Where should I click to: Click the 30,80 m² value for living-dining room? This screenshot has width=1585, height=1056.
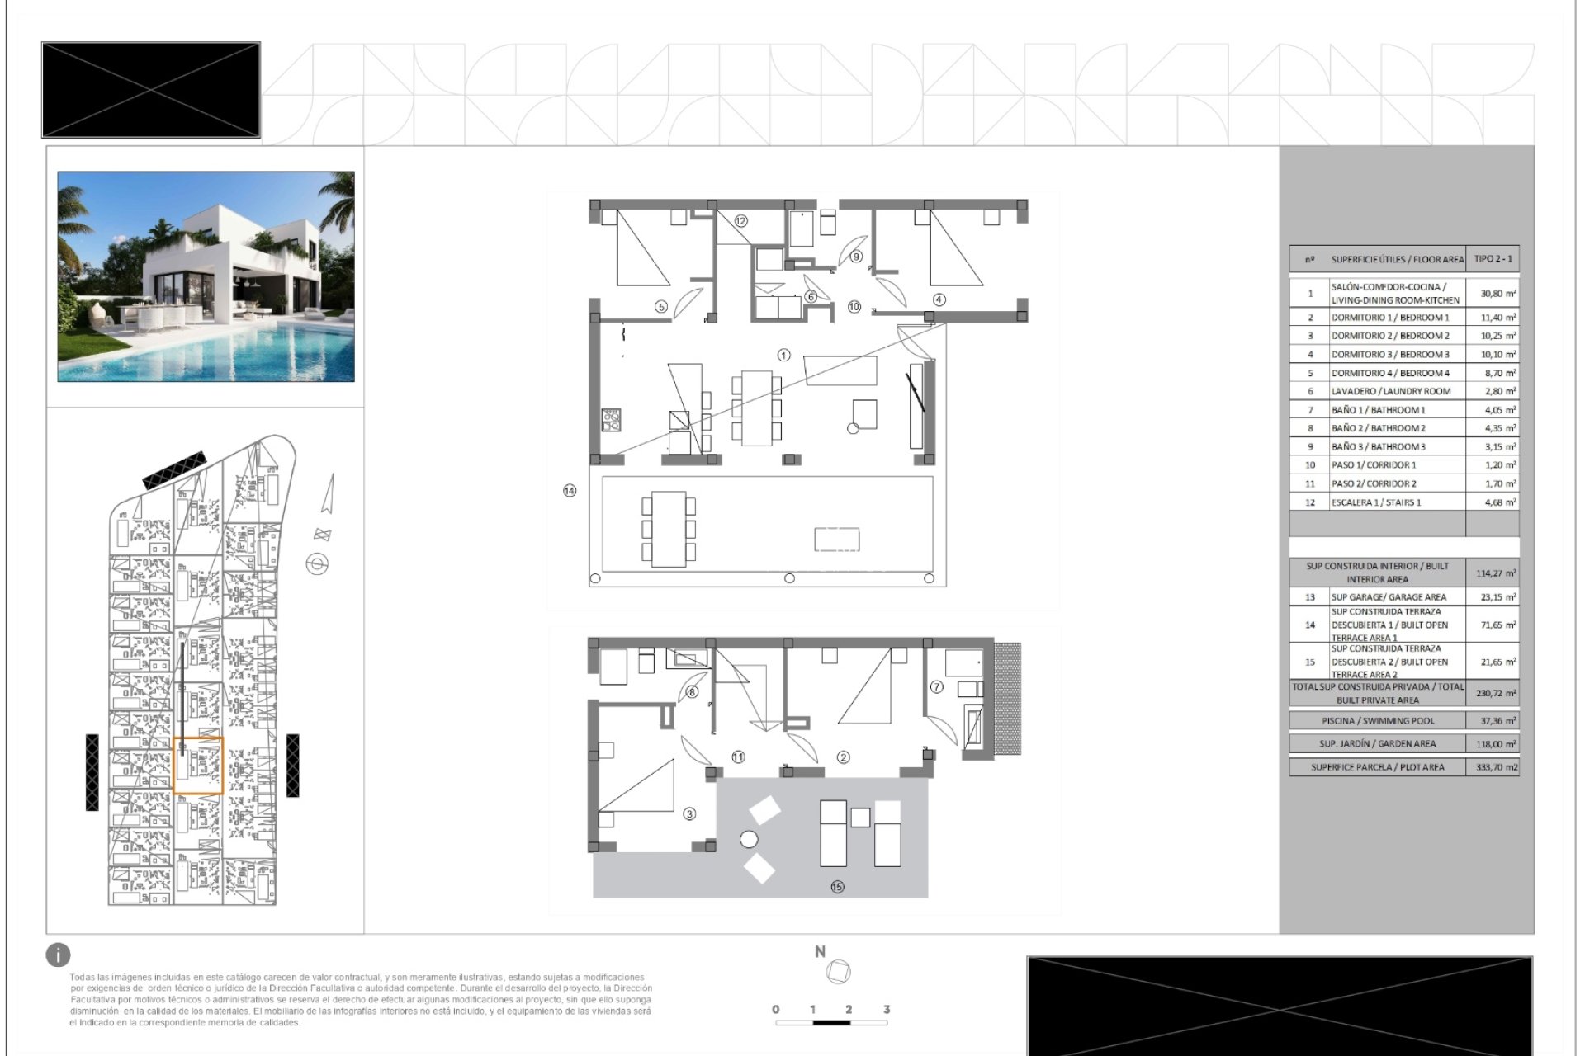(x=1497, y=294)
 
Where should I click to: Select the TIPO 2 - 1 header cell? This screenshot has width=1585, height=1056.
(x=1493, y=259)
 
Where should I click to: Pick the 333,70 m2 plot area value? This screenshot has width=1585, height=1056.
(x=1497, y=767)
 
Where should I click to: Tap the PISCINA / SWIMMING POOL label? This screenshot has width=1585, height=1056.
(x=1378, y=721)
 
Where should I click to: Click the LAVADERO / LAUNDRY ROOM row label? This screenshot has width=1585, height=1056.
(x=1390, y=391)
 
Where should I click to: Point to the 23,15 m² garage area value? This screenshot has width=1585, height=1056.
(x=1497, y=597)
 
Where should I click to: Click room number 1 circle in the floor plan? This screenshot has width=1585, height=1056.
(x=783, y=356)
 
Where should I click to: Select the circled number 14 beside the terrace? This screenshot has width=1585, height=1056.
(x=570, y=491)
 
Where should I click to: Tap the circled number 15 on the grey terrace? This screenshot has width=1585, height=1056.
(x=837, y=887)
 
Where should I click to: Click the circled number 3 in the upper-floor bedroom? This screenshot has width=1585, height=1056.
(x=689, y=814)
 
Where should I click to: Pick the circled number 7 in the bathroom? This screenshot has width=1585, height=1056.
(x=936, y=686)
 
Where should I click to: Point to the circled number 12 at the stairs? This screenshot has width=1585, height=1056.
(x=740, y=221)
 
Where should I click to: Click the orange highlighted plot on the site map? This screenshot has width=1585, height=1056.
(x=198, y=766)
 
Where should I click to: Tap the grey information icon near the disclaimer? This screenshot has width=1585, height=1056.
(x=58, y=955)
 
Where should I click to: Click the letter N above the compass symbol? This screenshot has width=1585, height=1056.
(x=820, y=951)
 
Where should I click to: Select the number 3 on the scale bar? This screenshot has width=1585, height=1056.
(x=887, y=1009)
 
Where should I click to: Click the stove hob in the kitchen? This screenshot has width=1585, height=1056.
(x=611, y=420)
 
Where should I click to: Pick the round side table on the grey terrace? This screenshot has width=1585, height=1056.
(x=749, y=840)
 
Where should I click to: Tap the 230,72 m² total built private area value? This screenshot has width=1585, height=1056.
(x=1497, y=694)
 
